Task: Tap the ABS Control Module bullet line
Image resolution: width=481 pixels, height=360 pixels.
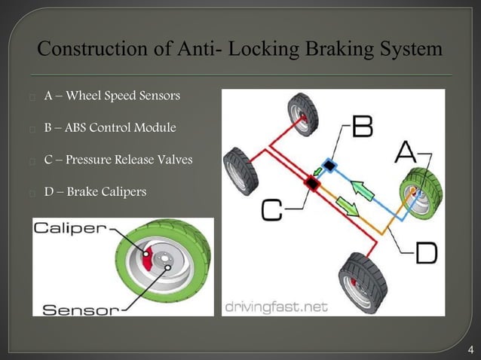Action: coord(110,128)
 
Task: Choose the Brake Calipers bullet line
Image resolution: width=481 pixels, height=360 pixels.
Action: coord(95,191)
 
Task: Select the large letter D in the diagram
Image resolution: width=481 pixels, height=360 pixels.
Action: coord(425,253)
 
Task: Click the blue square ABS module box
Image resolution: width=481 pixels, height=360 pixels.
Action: coord(328,164)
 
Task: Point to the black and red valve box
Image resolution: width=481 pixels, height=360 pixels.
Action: coord(311,182)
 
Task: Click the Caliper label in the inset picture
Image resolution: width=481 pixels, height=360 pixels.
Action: coord(69,228)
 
